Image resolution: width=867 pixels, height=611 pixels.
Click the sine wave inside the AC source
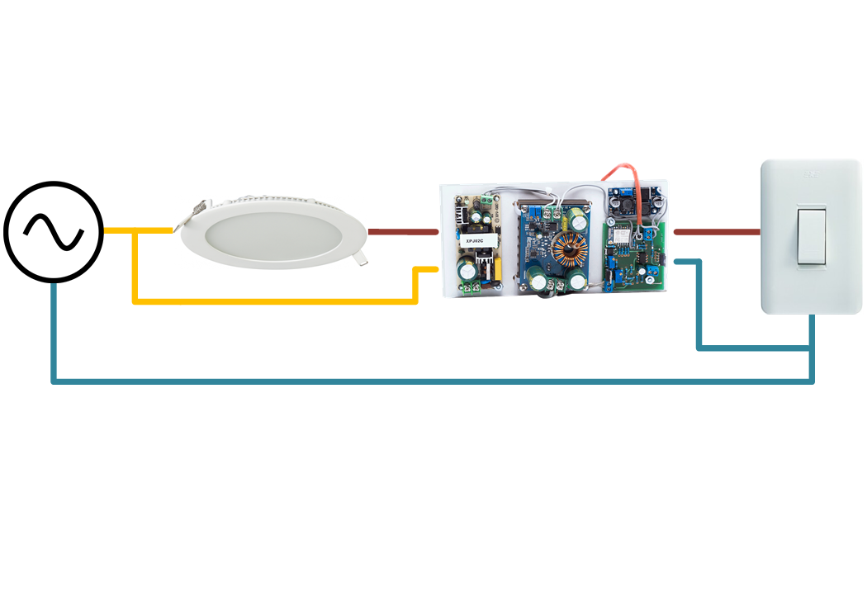point(53,232)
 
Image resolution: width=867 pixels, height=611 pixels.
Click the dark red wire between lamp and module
point(402,232)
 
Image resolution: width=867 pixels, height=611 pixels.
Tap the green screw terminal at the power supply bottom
point(473,287)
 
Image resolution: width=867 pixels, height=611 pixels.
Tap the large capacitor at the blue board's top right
point(577,220)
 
